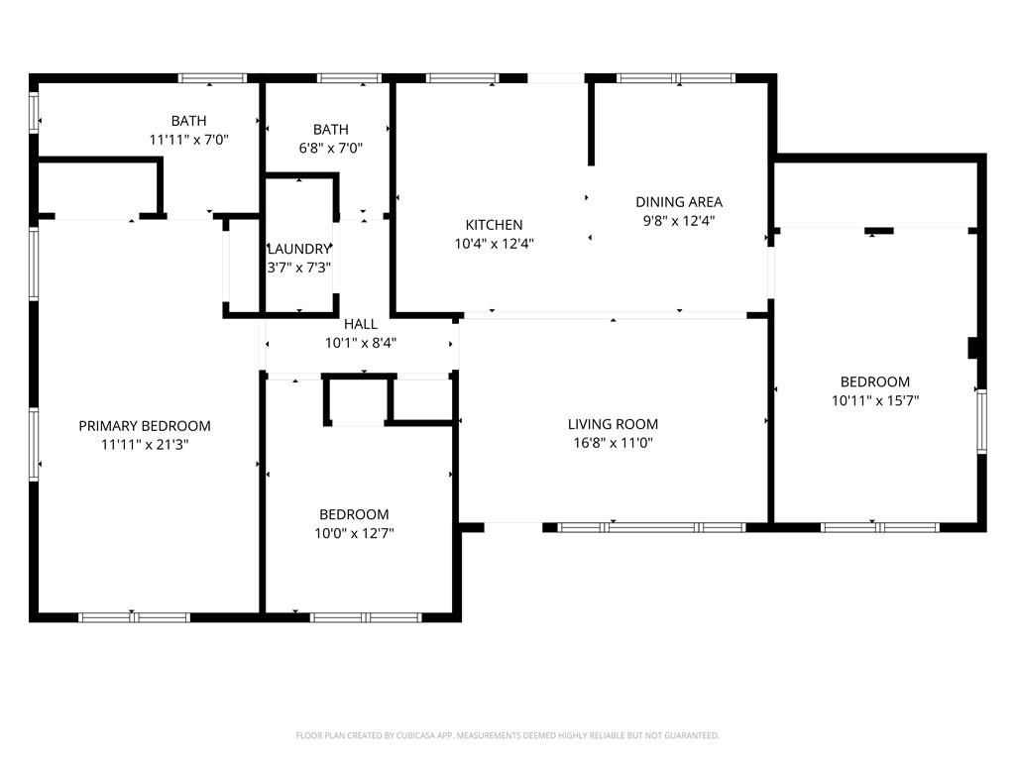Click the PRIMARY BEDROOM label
(x=145, y=426)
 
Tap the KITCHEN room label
(x=494, y=225)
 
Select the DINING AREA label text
(x=679, y=202)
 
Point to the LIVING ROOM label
(x=611, y=424)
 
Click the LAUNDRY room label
(x=297, y=250)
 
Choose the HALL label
(x=361, y=324)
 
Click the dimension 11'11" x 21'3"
(x=145, y=445)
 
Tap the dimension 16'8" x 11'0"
(x=611, y=443)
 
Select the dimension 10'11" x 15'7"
(x=874, y=401)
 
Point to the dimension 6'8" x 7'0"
(x=331, y=149)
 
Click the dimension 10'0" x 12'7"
(x=354, y=533)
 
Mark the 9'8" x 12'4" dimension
(x=679, y=221)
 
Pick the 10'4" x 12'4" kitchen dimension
(x=494, y=244)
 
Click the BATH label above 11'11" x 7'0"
(x=188, y=121)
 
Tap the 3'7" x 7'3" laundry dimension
(x=298, y=268)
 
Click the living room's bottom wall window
(x=651, y=527)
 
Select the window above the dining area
(x=676, y=77)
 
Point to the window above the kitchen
(x=461, y=77)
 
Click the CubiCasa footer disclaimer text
(x=507, y=735)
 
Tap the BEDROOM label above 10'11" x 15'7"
(x=874, y=382)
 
